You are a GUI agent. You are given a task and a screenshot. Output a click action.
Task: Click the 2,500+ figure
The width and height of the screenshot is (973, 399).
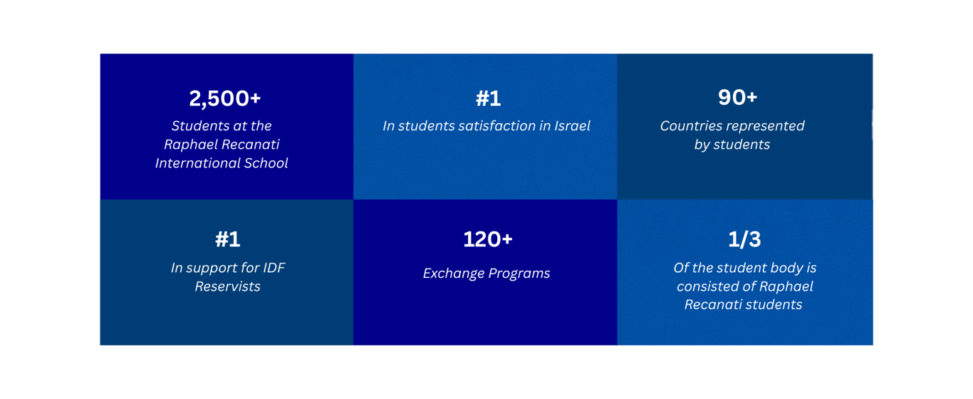tap(224, 98)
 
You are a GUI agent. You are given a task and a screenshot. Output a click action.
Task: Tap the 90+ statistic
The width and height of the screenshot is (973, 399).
tap(737, 97)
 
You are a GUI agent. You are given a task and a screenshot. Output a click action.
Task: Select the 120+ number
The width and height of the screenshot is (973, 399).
tap(488, 239)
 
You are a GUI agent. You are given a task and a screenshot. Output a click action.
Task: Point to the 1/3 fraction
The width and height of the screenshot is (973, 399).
tap(744, 239)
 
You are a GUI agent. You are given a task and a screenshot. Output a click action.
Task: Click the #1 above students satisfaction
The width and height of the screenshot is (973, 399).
tap(488, 98)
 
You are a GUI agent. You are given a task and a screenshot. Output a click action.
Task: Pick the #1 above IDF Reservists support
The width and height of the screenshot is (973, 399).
tap(228, 239)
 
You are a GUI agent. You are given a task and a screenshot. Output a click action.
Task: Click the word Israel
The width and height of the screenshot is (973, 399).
tap(573, 126)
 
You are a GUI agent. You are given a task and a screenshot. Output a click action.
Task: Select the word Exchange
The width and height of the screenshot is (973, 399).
tap(454, 274)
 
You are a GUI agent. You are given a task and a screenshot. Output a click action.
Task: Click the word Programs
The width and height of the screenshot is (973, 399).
tap(519, 274)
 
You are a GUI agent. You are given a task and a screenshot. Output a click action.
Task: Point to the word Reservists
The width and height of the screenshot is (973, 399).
tap(228, 286)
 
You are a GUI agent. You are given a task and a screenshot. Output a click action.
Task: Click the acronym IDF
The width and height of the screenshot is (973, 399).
tap(274, 268)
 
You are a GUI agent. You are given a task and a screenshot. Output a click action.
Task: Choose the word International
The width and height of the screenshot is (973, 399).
tap(197, 163)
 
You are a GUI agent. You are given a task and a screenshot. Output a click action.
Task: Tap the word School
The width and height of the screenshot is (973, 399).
tap(266, 163)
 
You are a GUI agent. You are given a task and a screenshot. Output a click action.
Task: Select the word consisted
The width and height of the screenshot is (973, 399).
tap(708, 286)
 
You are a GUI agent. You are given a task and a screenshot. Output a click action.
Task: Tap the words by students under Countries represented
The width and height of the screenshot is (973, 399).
tap(732, 145)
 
